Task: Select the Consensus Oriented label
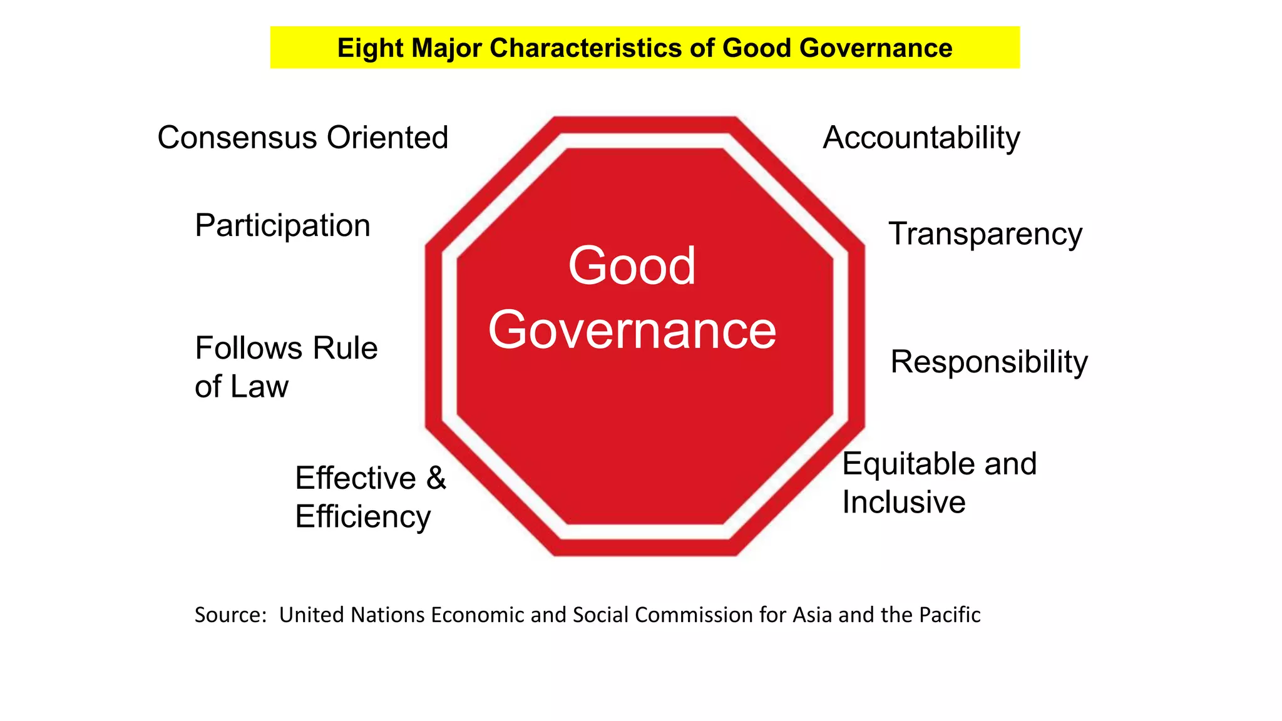point(303,138)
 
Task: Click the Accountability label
point(921,138)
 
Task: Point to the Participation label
point(282,226)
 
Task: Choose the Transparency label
point(985,235)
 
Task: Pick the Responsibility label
point(989,362)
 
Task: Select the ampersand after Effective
point(436,478)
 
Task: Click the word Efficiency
point(363,517)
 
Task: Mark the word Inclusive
point(903,502)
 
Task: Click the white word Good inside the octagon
point(632,266)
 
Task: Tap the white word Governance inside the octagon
point(632,330)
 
